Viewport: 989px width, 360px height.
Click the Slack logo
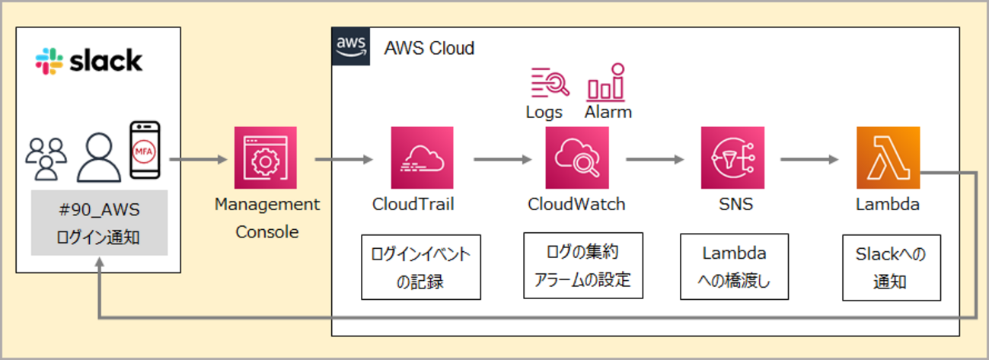(88, 61)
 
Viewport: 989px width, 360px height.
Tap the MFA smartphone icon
(145, 149)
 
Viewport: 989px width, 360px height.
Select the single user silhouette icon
(100, 157)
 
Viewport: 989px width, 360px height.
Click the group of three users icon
(46, 158)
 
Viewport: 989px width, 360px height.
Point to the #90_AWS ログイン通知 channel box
(98, 222)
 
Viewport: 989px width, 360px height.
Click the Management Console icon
(266, 158)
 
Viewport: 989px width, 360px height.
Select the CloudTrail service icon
(422, 158)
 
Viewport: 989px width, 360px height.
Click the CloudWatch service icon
(576, 158)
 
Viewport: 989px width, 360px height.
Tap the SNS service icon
(732, 158)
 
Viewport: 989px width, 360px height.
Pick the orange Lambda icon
(888, 158)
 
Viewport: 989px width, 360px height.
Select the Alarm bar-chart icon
(606, 82)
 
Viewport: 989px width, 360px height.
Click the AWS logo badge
(352, 46)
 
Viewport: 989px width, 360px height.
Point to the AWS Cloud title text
(429, 49)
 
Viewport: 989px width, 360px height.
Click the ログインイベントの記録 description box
(421, 268)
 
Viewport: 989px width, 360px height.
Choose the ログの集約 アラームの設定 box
(583, 265)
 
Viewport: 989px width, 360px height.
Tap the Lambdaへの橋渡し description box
(734, 267)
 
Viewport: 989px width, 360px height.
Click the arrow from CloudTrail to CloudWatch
(502, 160)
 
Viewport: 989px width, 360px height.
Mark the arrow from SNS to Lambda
(810, 160)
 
